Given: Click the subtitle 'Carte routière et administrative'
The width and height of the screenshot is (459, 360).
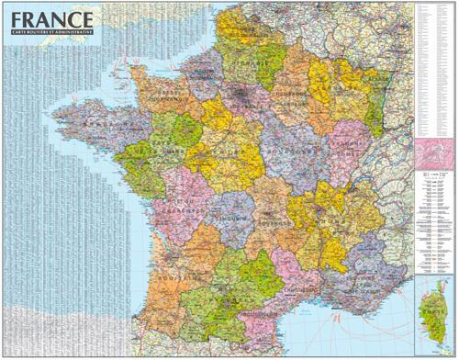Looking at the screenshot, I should pos(51,33).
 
